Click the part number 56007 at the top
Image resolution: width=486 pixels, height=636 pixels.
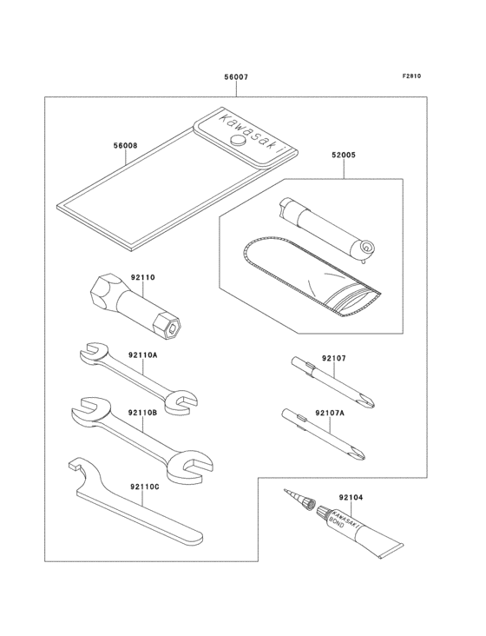(x=236, y=77)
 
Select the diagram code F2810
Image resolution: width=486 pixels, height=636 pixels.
(x=411, y=76)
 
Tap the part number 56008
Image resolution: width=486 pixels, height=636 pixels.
(x=125, y=147)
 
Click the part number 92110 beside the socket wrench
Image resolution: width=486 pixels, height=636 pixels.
(x=142, y=278)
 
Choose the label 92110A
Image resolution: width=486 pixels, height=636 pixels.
(x=142, y=354)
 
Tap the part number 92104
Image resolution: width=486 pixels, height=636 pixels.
(x=351, y=497)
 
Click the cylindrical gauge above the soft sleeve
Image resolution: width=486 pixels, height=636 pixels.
(x=325, y=228)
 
